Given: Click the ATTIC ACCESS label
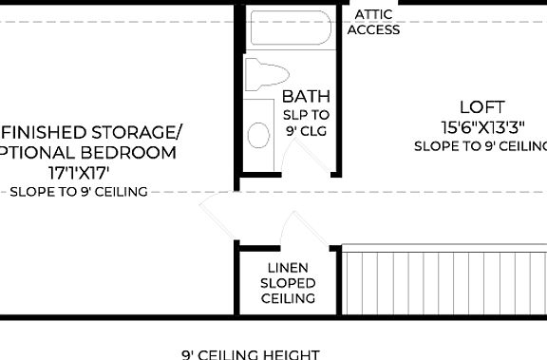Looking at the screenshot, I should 373,23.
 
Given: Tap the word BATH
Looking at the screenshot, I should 306,96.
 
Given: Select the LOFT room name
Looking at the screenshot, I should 481,107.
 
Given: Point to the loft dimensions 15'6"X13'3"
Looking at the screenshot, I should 481,126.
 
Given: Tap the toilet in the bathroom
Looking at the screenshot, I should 265,74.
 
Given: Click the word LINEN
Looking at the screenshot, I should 289,268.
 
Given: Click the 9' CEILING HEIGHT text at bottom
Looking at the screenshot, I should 251,353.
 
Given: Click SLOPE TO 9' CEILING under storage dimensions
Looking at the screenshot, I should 79,192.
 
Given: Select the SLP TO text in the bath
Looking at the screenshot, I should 306,114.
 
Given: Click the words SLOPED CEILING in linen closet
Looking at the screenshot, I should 289,291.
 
